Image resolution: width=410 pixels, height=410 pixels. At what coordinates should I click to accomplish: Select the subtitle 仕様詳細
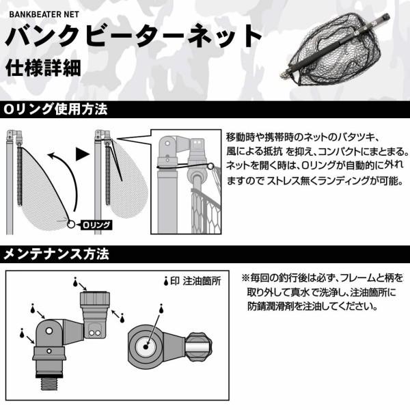pyautogui.click(x=36, y=68)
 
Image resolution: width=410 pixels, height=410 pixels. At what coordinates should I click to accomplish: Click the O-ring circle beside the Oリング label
pyautogui.click(x=70, y=223)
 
